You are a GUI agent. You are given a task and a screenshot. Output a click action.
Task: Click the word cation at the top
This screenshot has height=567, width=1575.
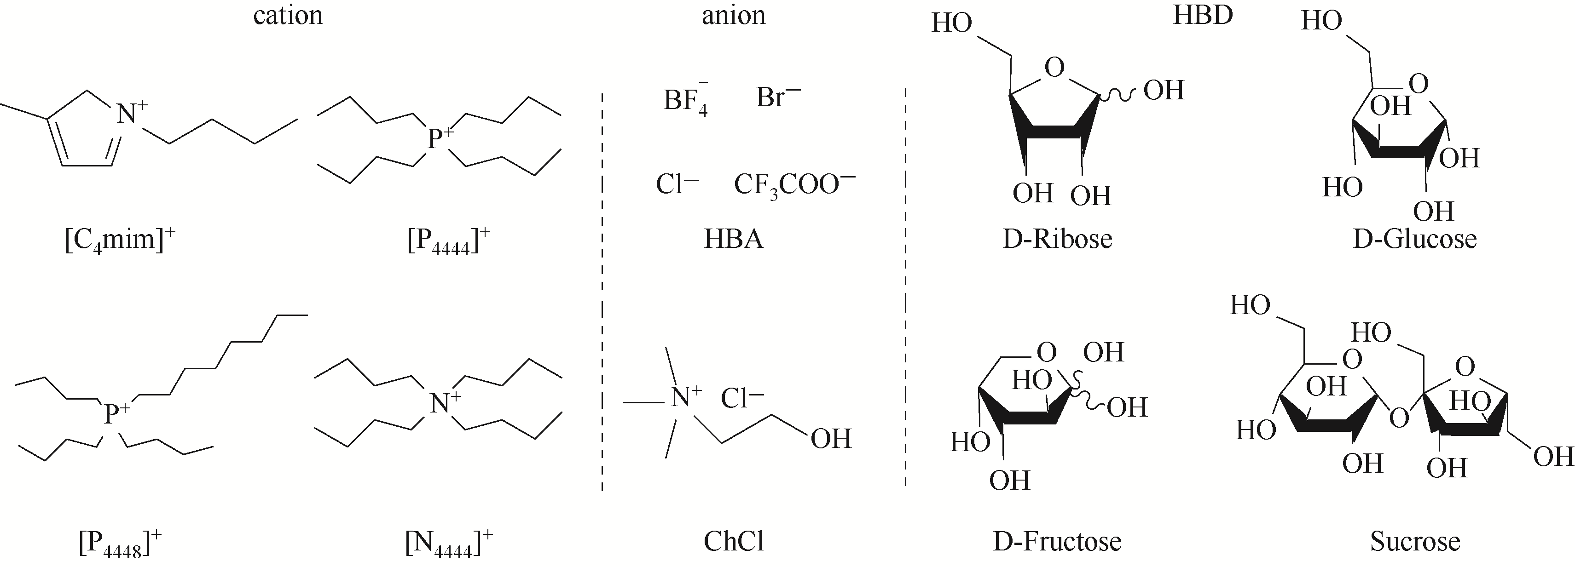click(288, 15)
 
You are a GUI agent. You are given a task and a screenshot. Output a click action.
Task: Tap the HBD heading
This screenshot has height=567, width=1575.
click(1203, 15)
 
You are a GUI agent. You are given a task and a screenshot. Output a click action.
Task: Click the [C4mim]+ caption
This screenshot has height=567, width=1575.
click(120, 240)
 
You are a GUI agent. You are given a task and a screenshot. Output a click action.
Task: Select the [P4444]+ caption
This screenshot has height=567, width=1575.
click(449, 240)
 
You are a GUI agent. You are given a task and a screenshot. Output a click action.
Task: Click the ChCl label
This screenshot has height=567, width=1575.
click(734, 541)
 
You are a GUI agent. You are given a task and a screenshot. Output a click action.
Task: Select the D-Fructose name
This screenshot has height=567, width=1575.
click(1057, 541)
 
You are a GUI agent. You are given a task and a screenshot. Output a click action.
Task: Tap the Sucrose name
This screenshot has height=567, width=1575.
click(1415, 541)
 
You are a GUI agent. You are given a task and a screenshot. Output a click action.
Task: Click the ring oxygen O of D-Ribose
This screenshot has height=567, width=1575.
click(1055, 68)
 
